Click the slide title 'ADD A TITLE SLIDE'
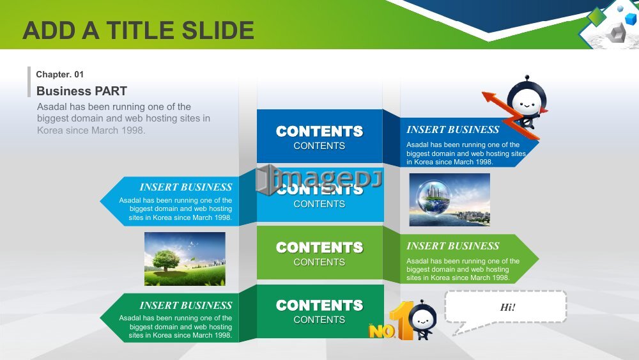point(139,31)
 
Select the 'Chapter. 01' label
point(60,74)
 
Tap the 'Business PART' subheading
point(82,91)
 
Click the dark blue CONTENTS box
point(319,136)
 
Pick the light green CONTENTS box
point(319,253)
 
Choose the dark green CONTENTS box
point(319,311)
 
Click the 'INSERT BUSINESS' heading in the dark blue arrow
point(453,130)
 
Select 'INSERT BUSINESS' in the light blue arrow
point(186,187)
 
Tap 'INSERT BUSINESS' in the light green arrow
point(453,246)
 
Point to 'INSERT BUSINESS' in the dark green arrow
point(186,306)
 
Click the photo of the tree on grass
point(185,259)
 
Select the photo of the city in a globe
point(449,200)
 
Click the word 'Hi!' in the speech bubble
point(508,307)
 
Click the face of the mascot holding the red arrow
point(526,102)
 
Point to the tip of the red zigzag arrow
point(482,93)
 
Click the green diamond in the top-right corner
point(597,17)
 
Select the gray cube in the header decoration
point(617,33)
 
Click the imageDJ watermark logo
point(319,179)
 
